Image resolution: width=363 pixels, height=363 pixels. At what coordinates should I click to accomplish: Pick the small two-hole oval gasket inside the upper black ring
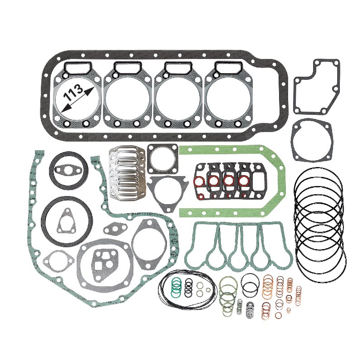(x=67, y=170)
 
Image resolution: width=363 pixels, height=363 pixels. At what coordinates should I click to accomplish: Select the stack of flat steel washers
(x=250, y=310)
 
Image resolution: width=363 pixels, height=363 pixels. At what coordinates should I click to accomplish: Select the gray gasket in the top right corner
(x=316, y=86)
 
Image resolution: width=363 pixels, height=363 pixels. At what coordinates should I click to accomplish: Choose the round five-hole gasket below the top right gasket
(x=312, y=141)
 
